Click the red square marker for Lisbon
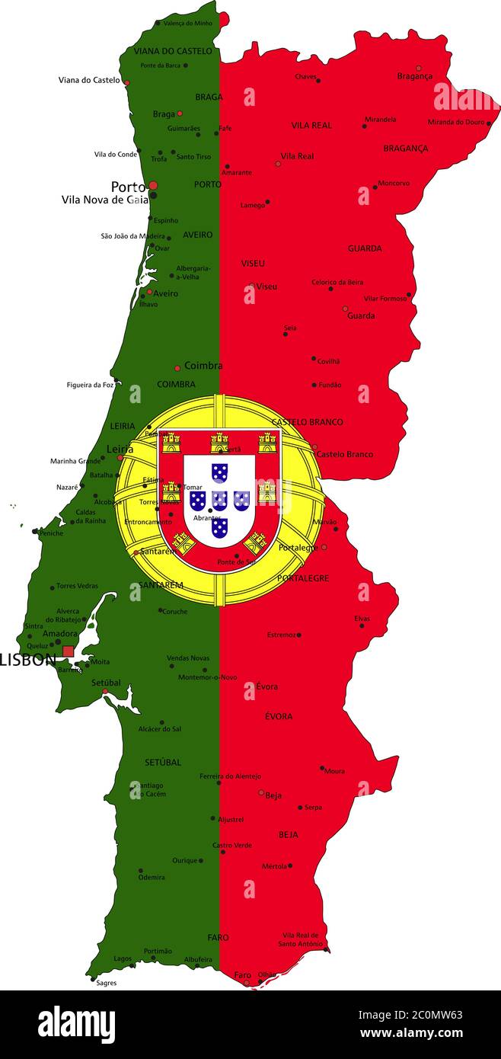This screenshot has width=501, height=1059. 69,651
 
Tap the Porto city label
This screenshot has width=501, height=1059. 128,187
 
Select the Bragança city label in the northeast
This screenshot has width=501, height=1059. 414,76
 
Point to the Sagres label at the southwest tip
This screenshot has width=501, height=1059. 107,983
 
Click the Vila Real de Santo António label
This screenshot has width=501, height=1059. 300,939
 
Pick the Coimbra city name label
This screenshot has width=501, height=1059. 203,366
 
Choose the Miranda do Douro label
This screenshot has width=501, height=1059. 455,122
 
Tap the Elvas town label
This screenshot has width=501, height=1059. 362,619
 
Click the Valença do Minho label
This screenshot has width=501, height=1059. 188,24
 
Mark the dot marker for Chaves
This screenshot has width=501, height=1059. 318,80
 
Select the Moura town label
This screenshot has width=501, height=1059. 334,771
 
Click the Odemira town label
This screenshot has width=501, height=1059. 151,877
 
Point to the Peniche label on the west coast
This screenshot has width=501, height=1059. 51,533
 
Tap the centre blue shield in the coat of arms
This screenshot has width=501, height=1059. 219,501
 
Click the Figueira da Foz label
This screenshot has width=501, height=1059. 90,385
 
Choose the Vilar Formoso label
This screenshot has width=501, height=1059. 385,299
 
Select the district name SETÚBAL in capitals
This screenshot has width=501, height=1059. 163,762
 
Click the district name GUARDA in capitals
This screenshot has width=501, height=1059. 365,248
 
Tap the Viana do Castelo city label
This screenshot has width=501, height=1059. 89,80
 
